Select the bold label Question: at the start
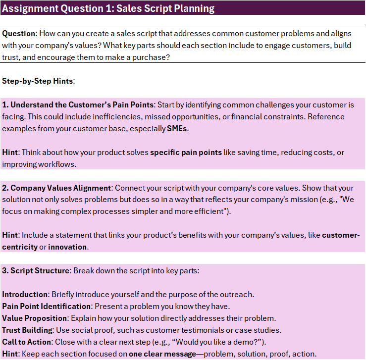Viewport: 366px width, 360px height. click(x=19, y=34)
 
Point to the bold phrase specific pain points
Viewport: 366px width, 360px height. click(x=186, y=153)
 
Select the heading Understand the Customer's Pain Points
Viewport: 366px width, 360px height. click(x=82, y=105)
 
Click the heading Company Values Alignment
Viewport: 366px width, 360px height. click(x=61, y=188)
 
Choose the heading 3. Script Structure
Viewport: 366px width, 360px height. click(x=37, y=270)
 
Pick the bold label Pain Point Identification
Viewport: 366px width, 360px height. click(x=47, y=306)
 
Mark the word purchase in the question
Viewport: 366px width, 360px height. click(x=147, y=57)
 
